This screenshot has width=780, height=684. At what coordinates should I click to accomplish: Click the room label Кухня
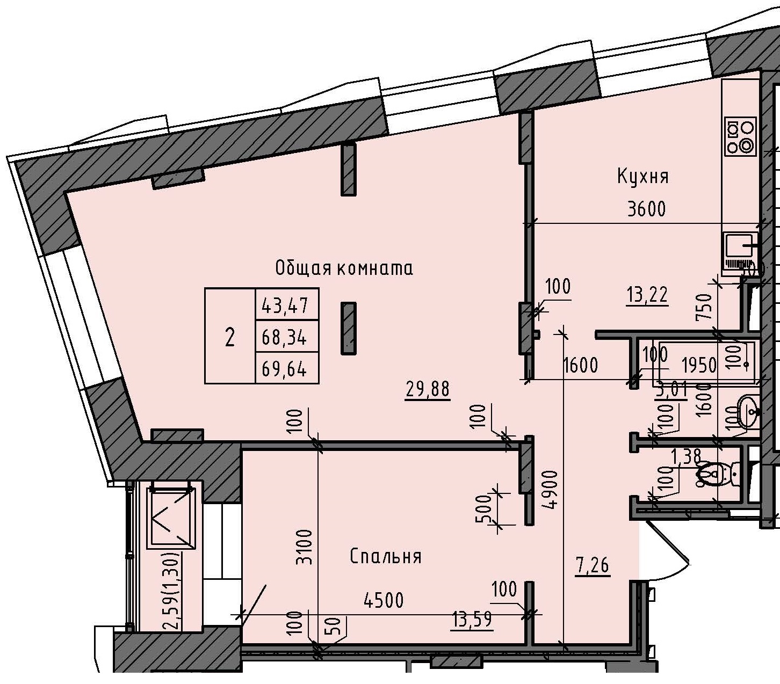[642, 176]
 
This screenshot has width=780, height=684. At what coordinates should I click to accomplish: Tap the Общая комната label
[344, 268]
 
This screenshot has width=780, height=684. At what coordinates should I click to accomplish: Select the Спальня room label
[385, 557]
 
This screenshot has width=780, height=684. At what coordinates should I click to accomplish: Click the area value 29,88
[428, 389]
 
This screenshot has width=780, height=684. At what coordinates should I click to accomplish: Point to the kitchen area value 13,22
[647, 294]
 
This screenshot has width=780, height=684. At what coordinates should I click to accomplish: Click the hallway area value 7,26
[593, 565]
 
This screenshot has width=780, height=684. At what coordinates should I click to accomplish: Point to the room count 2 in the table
[230, 338]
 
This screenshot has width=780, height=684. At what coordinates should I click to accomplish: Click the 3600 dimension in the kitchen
[646, 208]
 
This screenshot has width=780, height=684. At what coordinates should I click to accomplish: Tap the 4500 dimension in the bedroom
[383, 600]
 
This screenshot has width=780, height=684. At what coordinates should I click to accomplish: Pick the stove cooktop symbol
[740, 136]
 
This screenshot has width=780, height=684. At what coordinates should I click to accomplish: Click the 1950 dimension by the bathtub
[698, 365]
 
